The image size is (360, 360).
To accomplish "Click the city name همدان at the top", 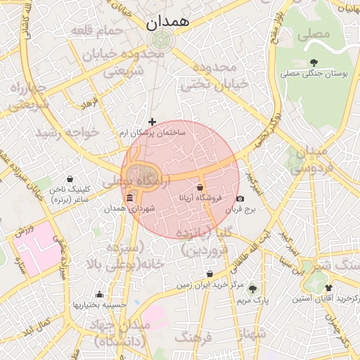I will click(167, 22).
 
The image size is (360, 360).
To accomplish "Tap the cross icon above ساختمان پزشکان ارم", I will click(152, 122).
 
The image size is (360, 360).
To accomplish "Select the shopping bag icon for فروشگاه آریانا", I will click(201, 188).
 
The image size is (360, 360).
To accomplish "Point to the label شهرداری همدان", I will click(129, 209).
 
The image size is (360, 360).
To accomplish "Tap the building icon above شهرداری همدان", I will click(131, 200).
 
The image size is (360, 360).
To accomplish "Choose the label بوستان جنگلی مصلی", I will click(311, 73).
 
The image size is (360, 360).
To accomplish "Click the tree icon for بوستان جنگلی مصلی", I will click(313, 63).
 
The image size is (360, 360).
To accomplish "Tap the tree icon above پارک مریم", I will click(252, 289).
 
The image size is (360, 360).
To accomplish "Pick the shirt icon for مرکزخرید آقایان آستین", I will click(328, 288).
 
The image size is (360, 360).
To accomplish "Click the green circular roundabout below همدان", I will click(160, 39).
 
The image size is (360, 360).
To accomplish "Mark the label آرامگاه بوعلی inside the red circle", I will click(129, 181).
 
